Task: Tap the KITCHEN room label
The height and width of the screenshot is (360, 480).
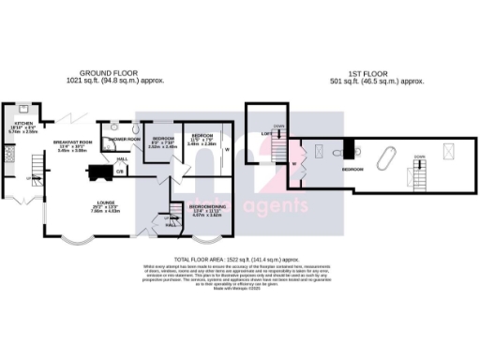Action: click(x=23, y=125)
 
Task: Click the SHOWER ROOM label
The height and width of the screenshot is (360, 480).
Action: click(x=123, y=139)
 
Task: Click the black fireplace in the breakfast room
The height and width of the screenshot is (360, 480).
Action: click(x=97, y=171)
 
